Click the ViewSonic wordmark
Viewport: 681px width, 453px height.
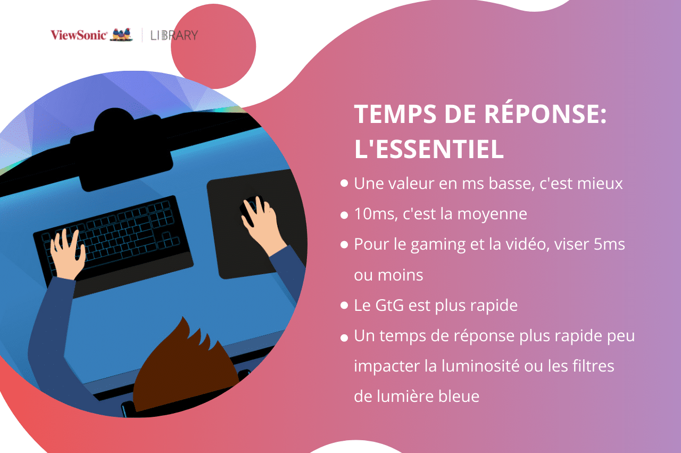click(78, 35)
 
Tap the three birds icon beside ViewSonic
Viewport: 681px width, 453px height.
click(121, 35)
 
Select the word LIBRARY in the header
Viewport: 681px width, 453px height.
click(174, 35)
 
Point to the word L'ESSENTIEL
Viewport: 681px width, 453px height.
click(429, 149)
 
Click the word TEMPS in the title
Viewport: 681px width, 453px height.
click(395, 114)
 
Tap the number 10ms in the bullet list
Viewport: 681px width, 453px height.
click(376, 214)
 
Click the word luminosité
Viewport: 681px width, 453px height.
click(480, 366)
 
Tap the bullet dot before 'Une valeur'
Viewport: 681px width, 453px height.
click(344, 183)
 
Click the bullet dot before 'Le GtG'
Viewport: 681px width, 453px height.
click(344, 305)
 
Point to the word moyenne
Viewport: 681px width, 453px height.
click(492, 215)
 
